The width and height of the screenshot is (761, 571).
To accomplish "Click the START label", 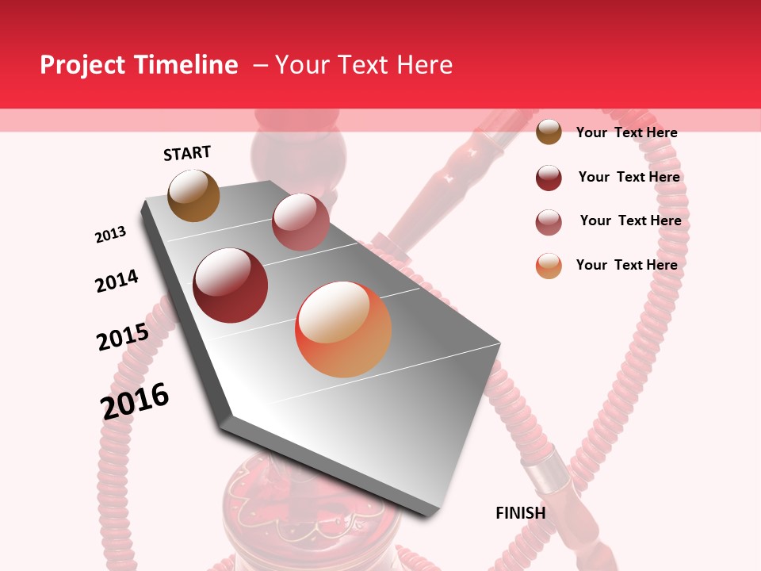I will (x=187, y=153).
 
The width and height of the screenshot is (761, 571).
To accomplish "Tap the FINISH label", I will (x=520, y=513).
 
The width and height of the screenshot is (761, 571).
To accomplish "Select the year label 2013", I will (x=110, y=235).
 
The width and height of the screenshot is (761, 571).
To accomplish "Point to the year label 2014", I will (x=117, y=282).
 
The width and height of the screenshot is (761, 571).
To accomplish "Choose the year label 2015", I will (x=123, y=337).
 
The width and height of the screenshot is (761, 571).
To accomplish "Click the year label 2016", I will (x=135, y=400).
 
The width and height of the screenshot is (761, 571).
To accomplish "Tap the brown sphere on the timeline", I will (x=193, y=195).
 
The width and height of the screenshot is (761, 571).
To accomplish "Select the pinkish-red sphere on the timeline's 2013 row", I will (x=300, y=222).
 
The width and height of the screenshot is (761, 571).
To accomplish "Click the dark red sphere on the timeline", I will (x=231, y=285).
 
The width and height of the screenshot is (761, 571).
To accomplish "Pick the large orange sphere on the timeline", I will (x=343, y=329).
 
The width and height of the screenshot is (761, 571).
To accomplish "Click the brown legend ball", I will (x=549, y=132).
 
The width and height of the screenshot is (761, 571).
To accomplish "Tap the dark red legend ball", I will (x=549, y=178).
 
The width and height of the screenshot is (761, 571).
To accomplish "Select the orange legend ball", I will (x=549, y=266).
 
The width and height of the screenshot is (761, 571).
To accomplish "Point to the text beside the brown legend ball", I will (x=626, y=132).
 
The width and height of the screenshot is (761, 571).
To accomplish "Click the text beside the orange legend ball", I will (x=626, y=265).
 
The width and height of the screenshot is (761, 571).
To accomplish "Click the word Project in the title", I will (x=82, y=65).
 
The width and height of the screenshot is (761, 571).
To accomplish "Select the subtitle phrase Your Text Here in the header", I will (x=364, y=65).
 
